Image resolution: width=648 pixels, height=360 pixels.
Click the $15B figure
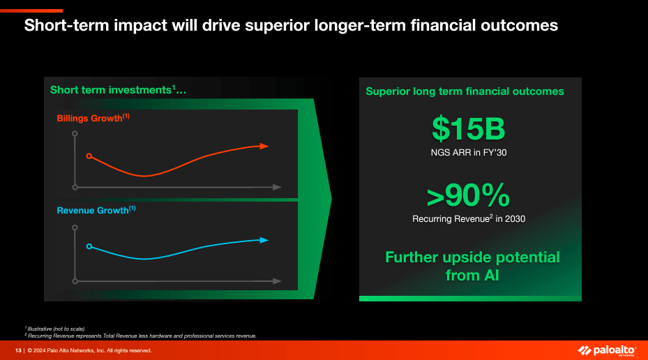click(x=468, y=129)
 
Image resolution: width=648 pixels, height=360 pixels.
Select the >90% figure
click(x=468, y=196)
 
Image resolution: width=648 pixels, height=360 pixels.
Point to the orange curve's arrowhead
click(x=264, y=146)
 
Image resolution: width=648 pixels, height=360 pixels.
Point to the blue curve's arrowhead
click(x=264, y=240)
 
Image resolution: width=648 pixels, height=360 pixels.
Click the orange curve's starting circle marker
click(x=89, y=156)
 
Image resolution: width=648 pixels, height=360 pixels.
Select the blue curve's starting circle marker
click(x=89, y=246)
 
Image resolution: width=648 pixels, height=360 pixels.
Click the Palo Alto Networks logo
click(x=606, y=350)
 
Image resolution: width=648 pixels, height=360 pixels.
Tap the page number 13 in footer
click(x=19, y=350)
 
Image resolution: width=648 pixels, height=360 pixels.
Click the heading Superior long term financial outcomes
click(x=465, y=91)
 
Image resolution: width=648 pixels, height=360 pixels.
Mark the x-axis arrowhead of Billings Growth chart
click(x=277, y=187)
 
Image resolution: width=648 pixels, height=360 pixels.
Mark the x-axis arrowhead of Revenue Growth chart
click(x=277, y=281)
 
